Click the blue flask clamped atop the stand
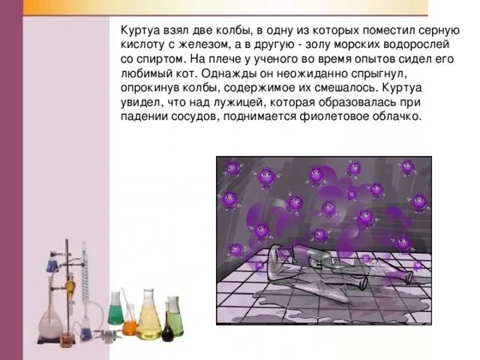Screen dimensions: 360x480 tap(52, 262)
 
